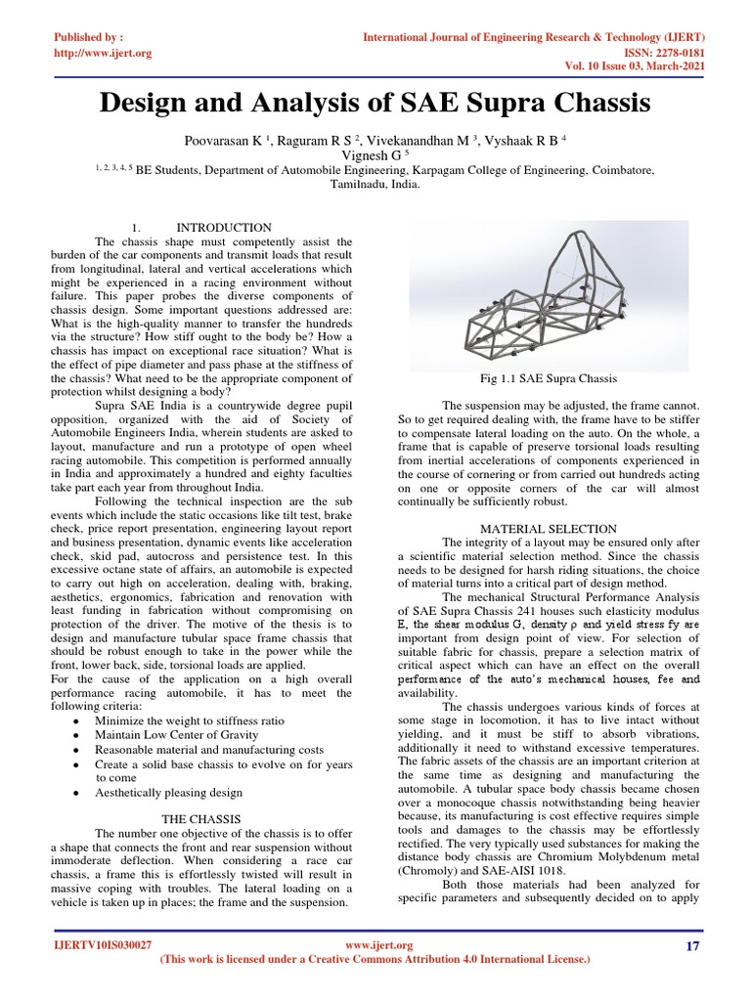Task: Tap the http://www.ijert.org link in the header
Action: point(102,53)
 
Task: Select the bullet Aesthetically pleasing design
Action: point(169,793)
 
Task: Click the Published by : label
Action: point(91,37)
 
